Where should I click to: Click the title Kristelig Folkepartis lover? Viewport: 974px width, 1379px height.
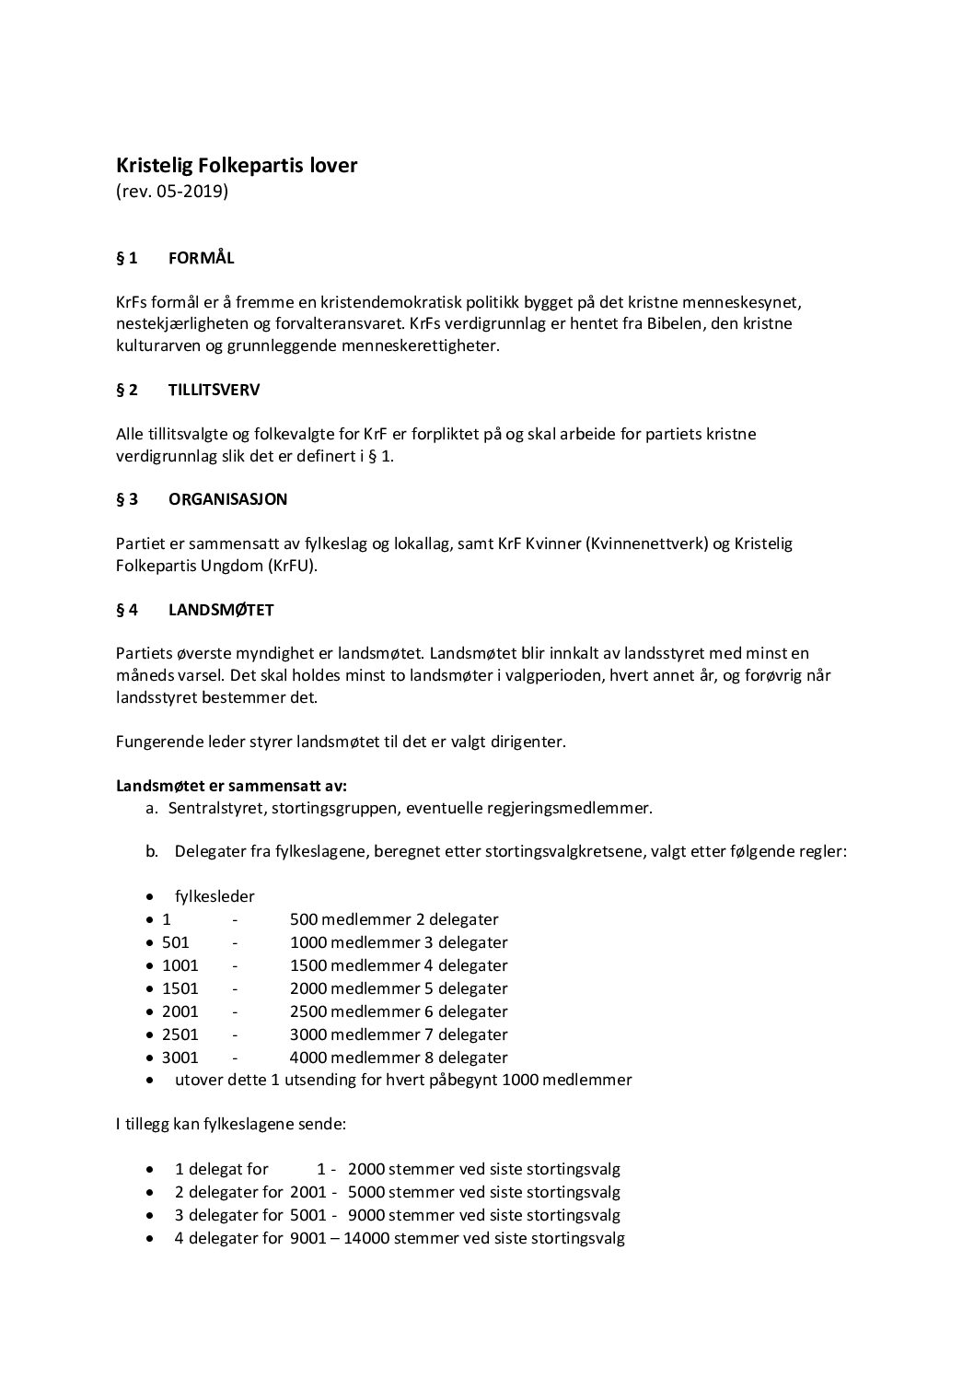pos(237,166)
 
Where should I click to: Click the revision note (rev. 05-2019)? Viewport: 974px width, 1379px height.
pos(172,193)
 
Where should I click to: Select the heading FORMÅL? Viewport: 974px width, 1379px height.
pos(202,258)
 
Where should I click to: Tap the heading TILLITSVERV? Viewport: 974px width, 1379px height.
pos(215,390)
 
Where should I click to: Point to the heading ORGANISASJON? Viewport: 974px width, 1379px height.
pos(228,499)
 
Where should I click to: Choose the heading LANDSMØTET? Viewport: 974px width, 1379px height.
pos(221,610)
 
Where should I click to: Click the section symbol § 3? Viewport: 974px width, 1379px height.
pos(127,499)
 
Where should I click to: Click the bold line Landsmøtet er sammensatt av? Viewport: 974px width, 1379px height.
pos(231,786)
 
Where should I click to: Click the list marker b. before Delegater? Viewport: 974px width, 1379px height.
pos(153,851)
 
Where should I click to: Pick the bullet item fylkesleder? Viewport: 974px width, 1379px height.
pos(215,896)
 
